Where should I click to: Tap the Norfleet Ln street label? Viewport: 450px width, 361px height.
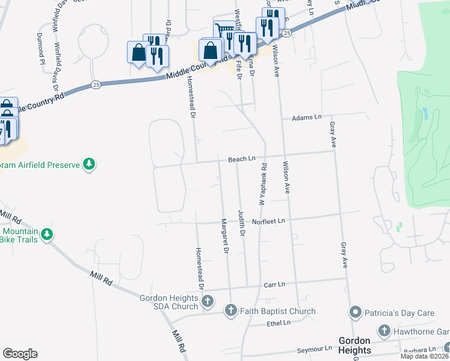coord(268,221)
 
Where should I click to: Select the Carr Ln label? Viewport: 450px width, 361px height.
coord(274,283)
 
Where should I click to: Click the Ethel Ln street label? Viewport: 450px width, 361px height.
coord(279,323)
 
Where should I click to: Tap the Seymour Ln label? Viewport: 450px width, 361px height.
coord(315,349)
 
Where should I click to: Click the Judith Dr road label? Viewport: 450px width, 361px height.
coord(242,223)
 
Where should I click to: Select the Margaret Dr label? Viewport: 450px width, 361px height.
coord(226,236)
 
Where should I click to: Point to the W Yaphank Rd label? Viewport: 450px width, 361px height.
coord(262,184)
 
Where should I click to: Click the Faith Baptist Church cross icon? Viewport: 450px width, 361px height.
coord(230,311)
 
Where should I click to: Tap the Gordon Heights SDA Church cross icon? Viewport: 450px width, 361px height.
coord(207,301)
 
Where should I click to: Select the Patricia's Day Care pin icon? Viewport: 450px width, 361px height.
coord(355,312)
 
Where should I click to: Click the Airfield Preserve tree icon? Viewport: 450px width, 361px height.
coord(89,164)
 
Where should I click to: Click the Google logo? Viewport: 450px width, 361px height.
coord(20,353)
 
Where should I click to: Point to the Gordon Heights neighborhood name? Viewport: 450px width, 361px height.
coord(355,345)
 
